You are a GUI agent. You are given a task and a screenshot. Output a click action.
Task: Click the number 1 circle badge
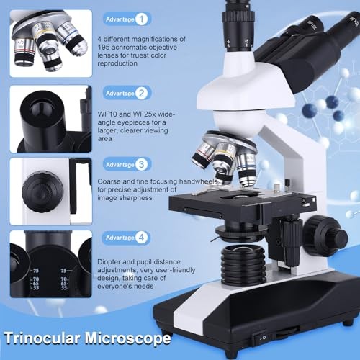(142, 19)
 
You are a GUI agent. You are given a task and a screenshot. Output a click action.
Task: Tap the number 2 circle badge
(142, 93)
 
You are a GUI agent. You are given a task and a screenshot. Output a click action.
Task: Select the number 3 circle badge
(142, 165)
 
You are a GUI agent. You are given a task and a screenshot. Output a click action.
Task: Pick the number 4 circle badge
(142, 237)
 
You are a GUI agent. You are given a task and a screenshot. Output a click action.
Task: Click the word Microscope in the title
(130, 338)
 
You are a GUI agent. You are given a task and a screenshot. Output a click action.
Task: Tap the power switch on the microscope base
(263, 336)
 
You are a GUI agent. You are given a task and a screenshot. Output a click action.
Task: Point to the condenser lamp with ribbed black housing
(242, 264)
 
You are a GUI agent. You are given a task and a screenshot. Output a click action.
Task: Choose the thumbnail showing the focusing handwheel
(50, 191)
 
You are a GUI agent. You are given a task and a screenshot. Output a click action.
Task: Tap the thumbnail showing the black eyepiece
(50, 119)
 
